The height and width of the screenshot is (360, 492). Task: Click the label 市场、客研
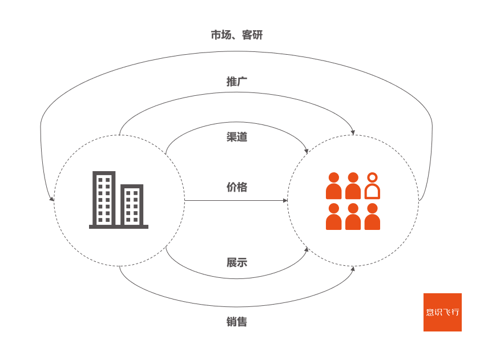[236, 35]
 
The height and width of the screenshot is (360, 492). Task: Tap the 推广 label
[237, 82]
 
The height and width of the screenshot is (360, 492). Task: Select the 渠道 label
[237, 137]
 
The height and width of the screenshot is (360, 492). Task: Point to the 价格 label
[237, 187]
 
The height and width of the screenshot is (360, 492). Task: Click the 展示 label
[237, 262]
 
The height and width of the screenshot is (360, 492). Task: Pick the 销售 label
[237, 322]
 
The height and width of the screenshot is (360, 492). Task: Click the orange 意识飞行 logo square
[442, 312]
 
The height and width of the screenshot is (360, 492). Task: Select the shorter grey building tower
[132, 205]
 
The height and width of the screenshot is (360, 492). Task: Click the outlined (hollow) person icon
[372, 186]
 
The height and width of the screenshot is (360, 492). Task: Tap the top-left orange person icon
[334, 186]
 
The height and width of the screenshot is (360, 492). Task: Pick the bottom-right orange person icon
[372, 217]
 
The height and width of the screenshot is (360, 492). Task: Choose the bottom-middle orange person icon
[353, 217]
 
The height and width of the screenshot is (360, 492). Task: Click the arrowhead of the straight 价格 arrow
[285, 201]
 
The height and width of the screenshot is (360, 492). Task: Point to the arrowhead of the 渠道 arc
[307, 151]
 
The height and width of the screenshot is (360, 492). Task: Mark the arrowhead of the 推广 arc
[353, 133]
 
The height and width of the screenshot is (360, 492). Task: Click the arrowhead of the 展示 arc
[307, 249]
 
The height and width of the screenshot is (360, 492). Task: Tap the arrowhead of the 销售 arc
[353, 268]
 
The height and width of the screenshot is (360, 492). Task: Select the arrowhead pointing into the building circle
[53, 199]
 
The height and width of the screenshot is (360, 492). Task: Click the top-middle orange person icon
[353, 186]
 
